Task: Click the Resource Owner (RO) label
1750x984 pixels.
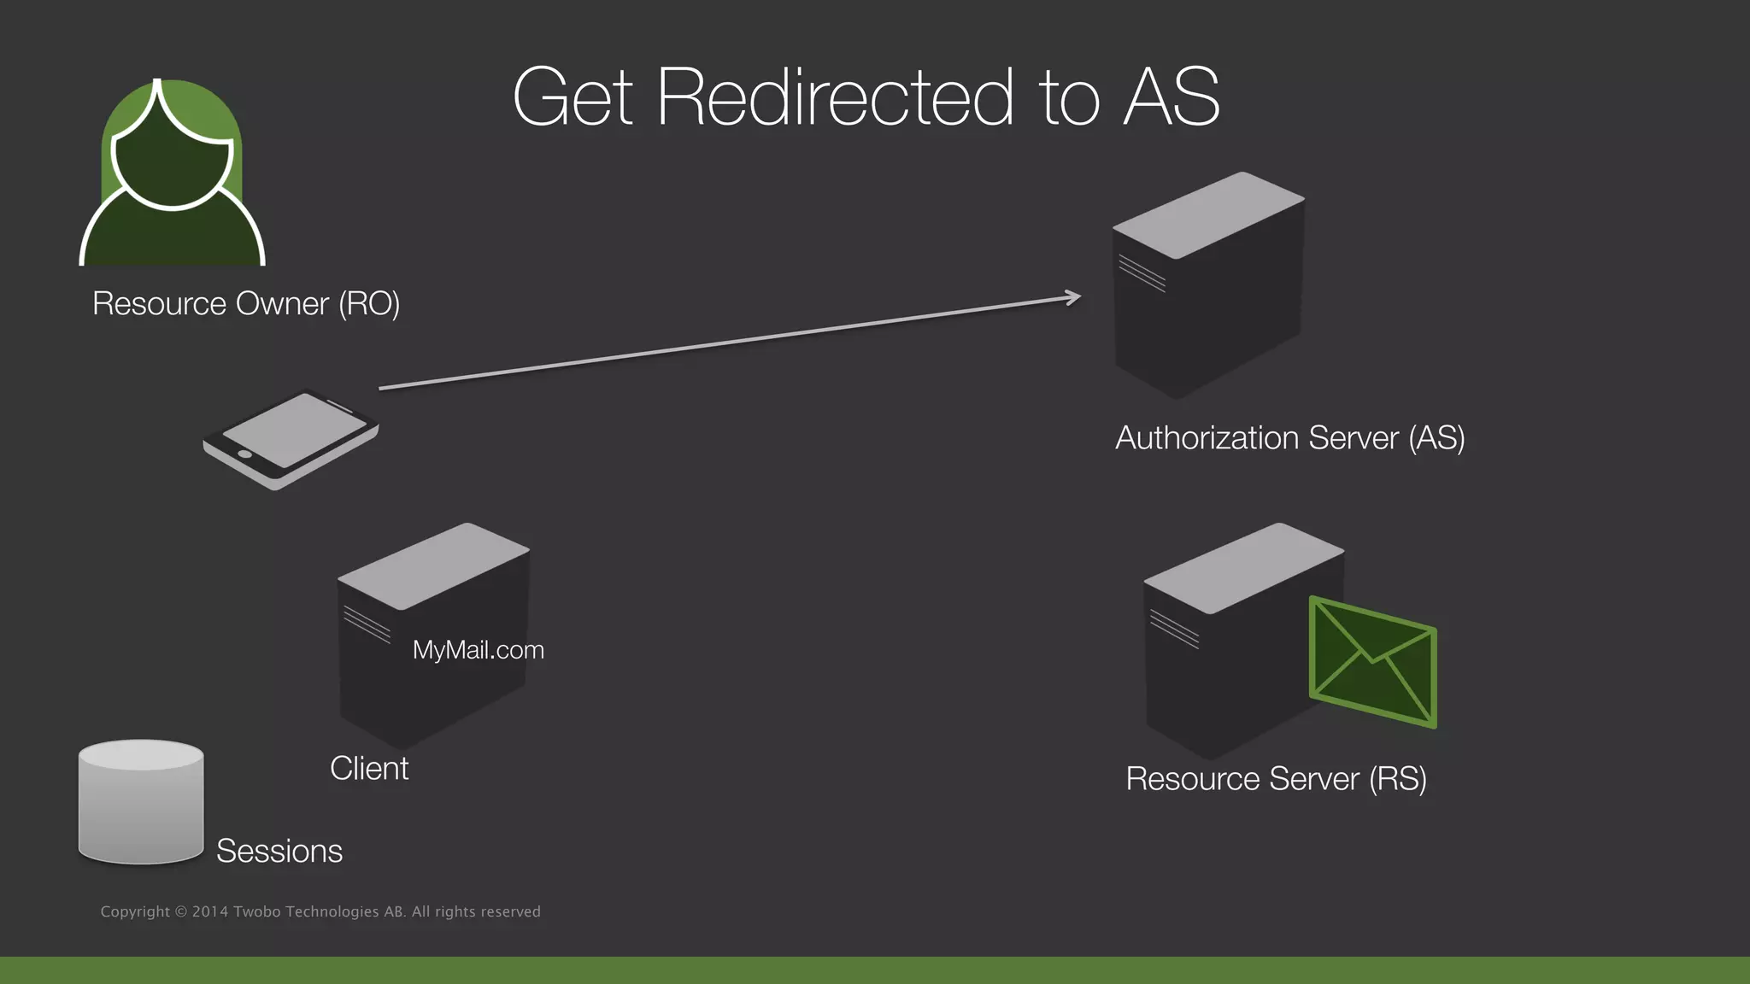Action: pyautogui.click(x=246, y=303)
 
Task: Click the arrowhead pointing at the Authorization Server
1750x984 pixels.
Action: pyautogui.click(x=1074, y=297)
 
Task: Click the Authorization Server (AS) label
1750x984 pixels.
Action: pyautogui.click(x=1289, y=437)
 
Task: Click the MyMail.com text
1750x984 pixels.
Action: pyautogui.click(x=478, y=650)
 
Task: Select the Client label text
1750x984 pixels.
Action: pyautogui.click(x=369, y=768)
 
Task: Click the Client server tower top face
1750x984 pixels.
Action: pyautogui.click(x=433, y=565)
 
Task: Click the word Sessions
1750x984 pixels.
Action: pyautogui.click(x=279, y=851)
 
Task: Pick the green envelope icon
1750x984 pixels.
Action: pyautogui.click(x=1373, y=663)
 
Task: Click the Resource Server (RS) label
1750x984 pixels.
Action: pyautogui.click(x=1276, y=778)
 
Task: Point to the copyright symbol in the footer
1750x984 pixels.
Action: pyautogui.click(x=180, y=911)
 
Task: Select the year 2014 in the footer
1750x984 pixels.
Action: pyautogui.click(x=209, y=911)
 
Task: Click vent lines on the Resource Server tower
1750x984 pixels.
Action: pyautogui.click(x=1174, y=629)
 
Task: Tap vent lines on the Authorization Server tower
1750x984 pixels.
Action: pyautogui.click(x=1142, y=273)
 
